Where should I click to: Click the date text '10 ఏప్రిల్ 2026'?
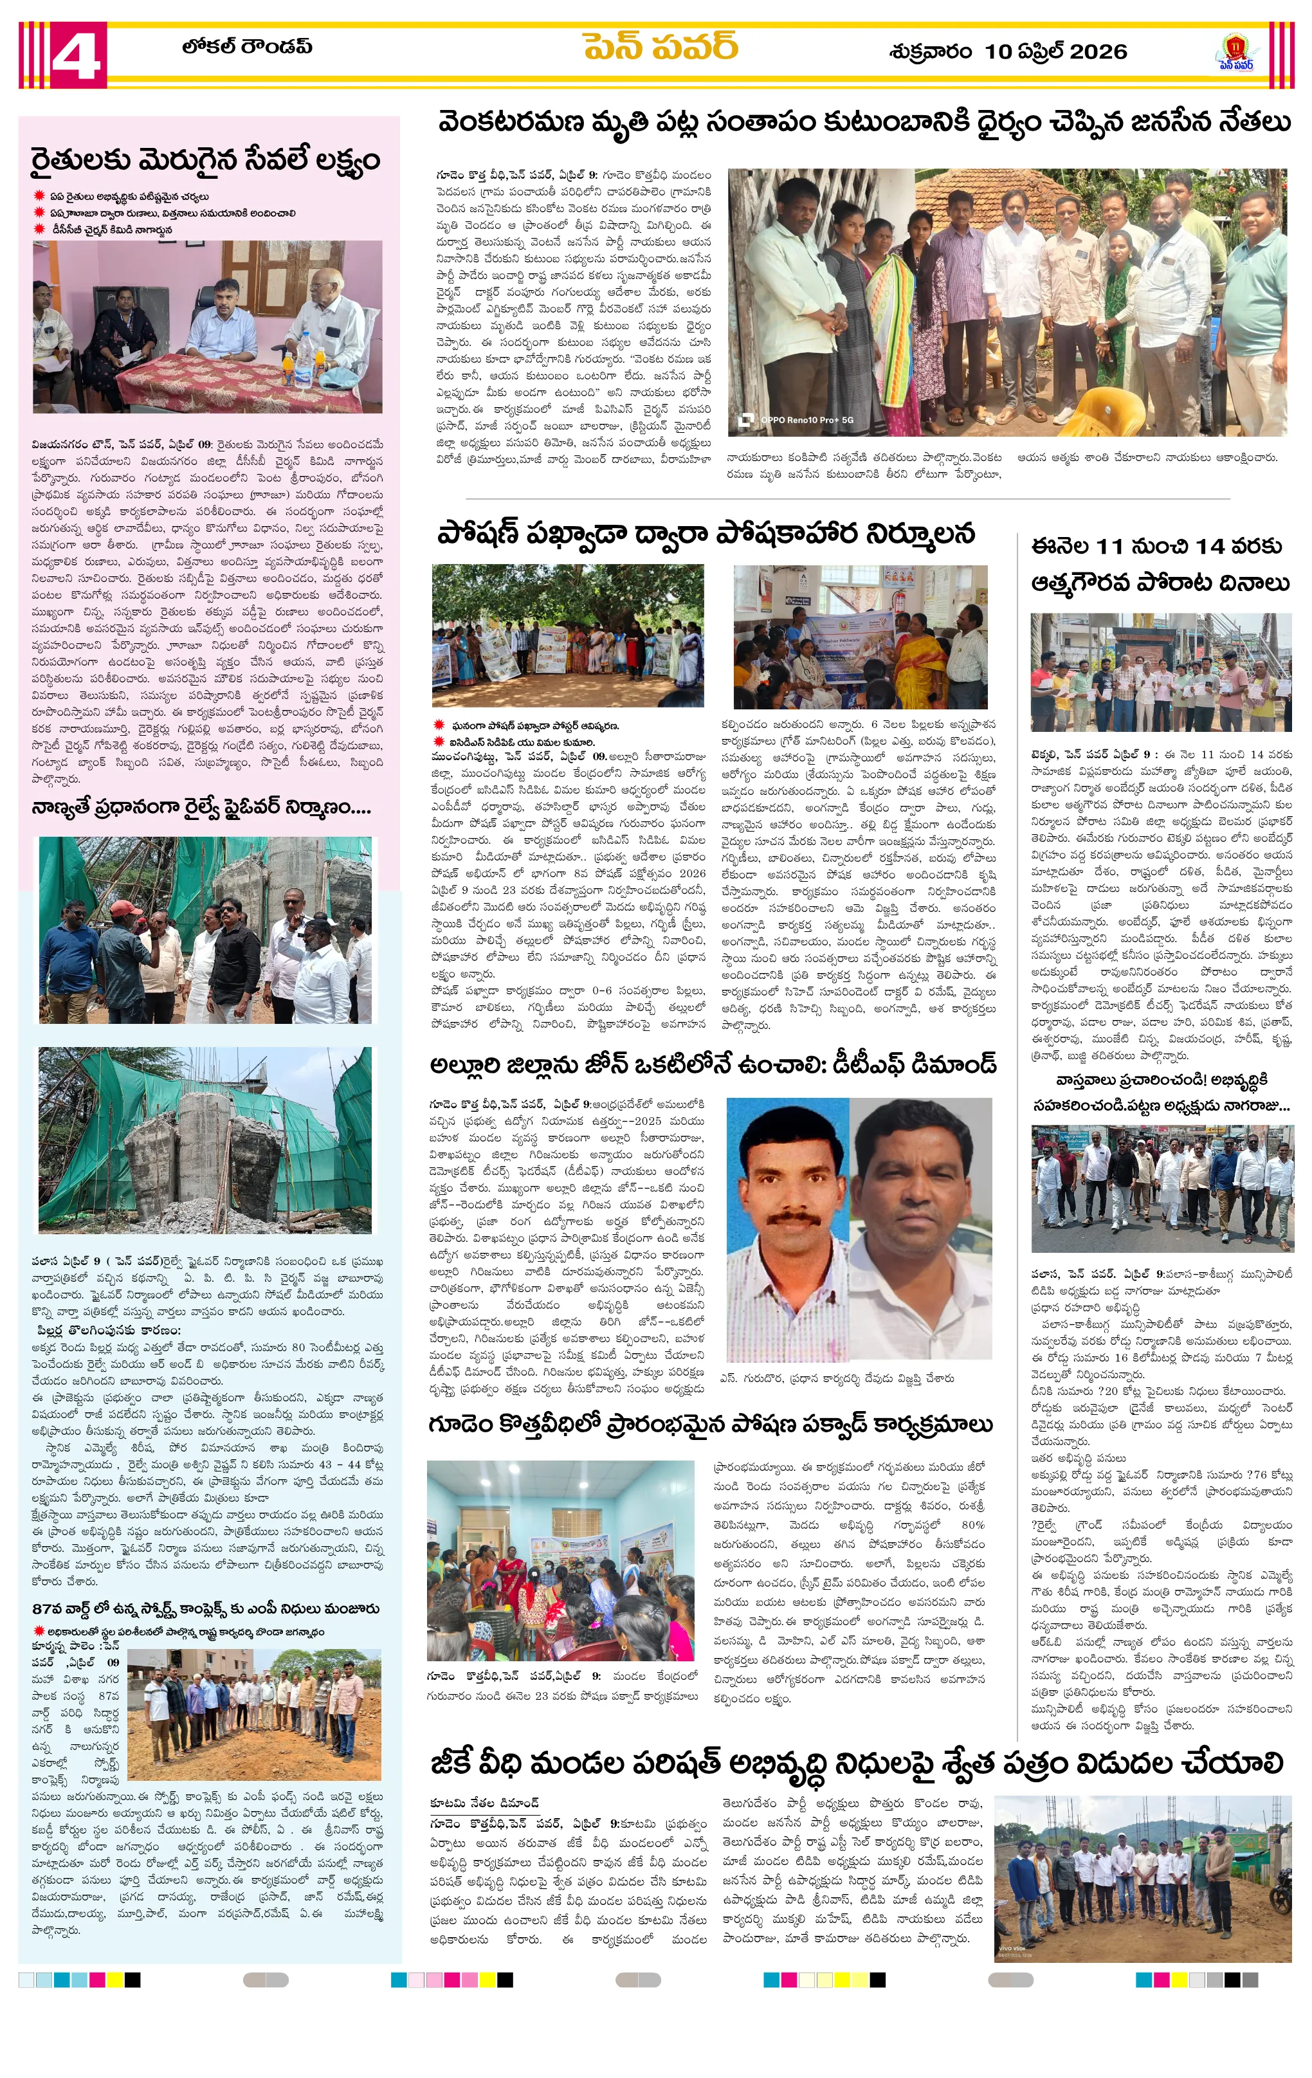point(1055,52)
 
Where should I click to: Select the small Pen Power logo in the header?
point(1236,53)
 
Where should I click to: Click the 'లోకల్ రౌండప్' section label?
point(247,46)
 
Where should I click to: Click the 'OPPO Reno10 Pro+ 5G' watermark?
point(806,420)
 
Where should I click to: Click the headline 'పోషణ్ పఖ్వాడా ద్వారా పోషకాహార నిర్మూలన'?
point(706,533)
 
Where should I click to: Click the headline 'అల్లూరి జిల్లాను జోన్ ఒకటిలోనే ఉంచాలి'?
point(713,1063)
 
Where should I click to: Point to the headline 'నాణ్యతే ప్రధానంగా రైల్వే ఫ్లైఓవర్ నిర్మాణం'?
point(201,808)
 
